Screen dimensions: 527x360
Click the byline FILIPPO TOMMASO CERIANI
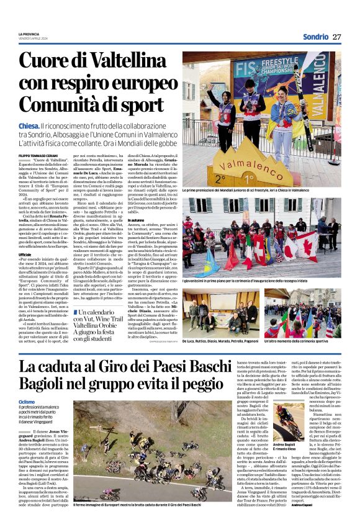(x=42, y=155)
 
